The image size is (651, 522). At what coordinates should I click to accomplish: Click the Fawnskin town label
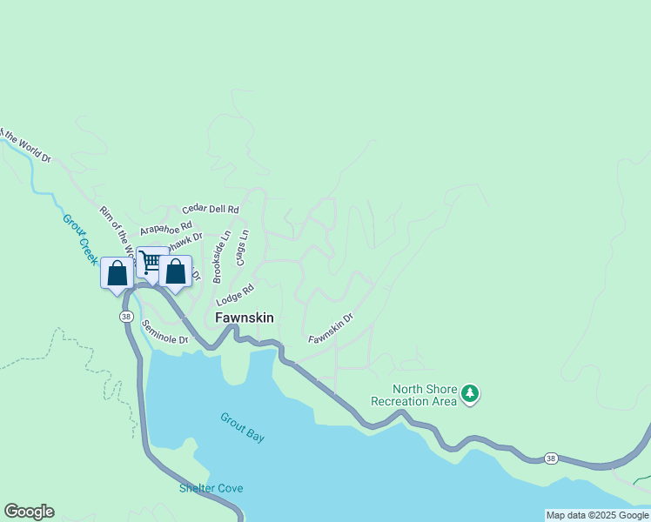pyautogui.click(x=245, y=318)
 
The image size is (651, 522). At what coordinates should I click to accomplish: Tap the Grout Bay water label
pyautogui.click(x=242, y=426)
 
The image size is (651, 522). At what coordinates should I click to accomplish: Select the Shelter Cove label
pyautogui.click(x=211, y=488)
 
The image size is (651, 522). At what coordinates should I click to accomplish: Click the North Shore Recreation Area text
pyautogui.click(x=413, y=395)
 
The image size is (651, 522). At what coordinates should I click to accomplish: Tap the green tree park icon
pyautogui.click(x=470, y=394)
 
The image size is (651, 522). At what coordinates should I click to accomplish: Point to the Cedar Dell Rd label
pyautogui.click(x=210, y=210)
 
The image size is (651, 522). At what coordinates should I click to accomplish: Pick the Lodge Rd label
pyautogui.click(x=235, y=294)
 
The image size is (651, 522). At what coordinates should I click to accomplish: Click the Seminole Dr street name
pyautogui.click(x=165, y=334)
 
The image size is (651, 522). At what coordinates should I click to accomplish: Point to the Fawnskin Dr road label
pyautogui.click(x=330, y=326)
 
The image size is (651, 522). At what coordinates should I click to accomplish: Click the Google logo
pyautogui.click(x=29, y=512)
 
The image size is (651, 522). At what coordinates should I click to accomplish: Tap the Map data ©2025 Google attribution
pyautogui.click(x=597, y=515)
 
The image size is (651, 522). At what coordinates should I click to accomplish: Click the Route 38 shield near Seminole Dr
pyautogui.click(x=126, y=318)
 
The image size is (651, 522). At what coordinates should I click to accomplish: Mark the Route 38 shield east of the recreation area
pyautogui.click(x=550, y=458)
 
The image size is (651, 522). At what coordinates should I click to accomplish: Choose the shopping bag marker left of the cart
pyautogui.click(x=117, y=272)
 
